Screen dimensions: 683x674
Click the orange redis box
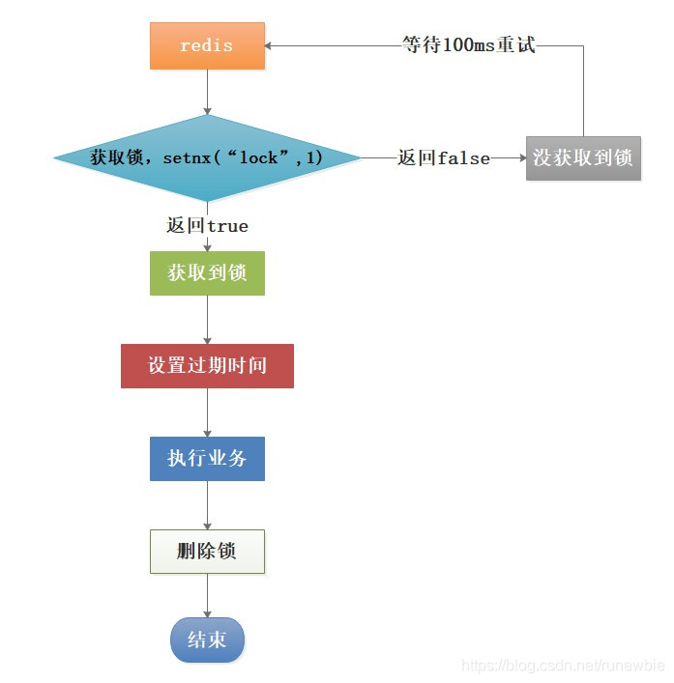point(207,45)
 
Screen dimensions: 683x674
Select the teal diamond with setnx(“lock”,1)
point(207,157)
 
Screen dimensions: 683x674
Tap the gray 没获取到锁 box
point(583,157)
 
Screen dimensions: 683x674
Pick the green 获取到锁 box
point(207,273)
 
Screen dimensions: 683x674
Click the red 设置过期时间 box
point(207,366)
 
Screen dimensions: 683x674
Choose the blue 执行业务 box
point(207,458)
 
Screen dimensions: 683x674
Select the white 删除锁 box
point(207,551)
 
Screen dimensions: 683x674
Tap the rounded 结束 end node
point(207,640)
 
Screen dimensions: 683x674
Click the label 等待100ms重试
point(469,45)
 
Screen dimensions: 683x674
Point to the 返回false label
point(444,157)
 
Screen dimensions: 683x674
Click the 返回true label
point(207,225)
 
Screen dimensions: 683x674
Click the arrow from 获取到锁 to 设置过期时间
point(207,319)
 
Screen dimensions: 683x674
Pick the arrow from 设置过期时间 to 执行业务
point(207,412)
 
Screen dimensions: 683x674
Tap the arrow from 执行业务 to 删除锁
point(207,504)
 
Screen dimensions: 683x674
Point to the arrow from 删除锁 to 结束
point(207,595)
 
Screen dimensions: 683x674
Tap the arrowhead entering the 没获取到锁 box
point(519,157)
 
